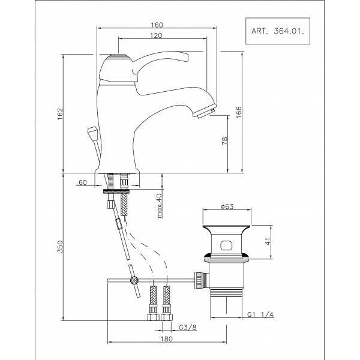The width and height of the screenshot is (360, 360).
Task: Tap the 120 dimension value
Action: click(x=156, y=36)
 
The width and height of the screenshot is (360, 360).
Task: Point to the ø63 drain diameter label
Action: click(x=226, y=206)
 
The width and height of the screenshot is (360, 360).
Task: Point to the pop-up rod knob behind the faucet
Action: click(x=92, y=131)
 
